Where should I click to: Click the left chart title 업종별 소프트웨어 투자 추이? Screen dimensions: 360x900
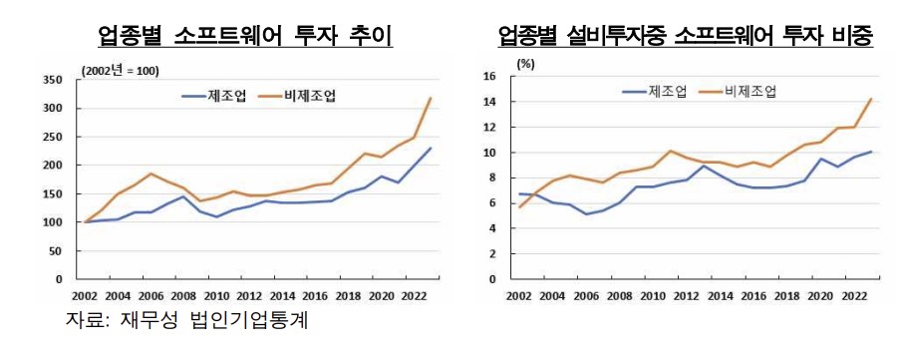click(x=243, y=37)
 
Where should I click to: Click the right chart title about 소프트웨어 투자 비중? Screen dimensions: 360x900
click(x=686, y=37)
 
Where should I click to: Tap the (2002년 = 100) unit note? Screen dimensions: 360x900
click(x=120, y=70)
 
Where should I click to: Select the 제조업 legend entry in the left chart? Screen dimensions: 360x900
click(x=206, y=96)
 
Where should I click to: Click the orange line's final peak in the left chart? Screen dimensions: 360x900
click(x=431, y=98)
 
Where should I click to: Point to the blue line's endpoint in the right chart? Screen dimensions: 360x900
click(x=872, y=152)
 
